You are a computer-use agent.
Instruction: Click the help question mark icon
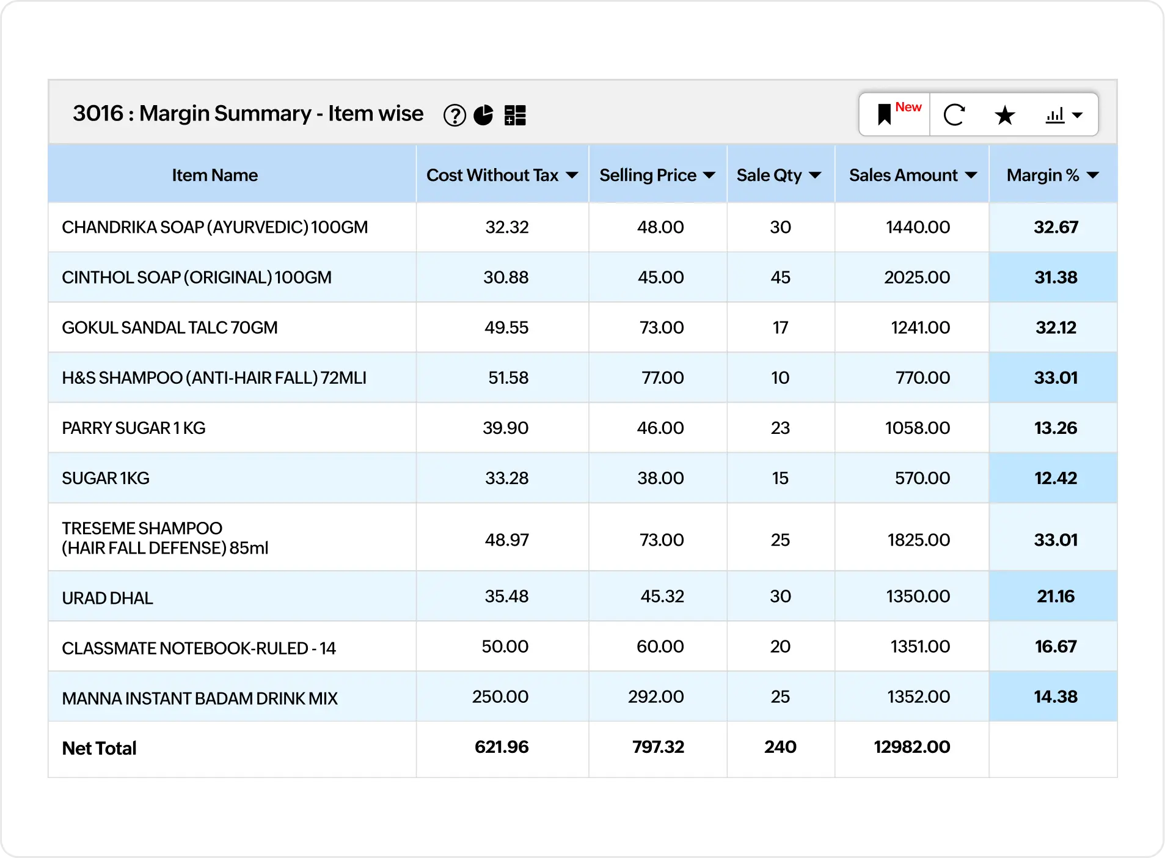pyautogui.click(x=455, y=115)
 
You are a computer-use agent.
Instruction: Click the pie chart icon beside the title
pyautogui.click(x=483, y=115)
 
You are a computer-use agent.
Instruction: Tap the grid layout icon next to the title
pyautogui.click(x=515, y=115)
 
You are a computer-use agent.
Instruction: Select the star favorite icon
pyautogui.click(x=1004, y=115)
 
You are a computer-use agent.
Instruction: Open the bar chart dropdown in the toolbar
pyautogui.click(x=1064, y=115)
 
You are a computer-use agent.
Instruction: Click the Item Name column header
pyautogui.click(x=214, y=175)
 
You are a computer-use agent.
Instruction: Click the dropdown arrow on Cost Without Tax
pyautogui.click(x=572, y=176)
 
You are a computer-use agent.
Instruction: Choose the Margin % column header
pyautogui.click(x=1043, y=175)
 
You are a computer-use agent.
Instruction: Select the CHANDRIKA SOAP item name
pyautogui.click(x=214, y=227)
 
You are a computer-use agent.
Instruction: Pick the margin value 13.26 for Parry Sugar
pyautogui.click(x=1055, y=428)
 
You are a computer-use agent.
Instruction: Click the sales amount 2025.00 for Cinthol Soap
pyautogui.click(x=916, y=277)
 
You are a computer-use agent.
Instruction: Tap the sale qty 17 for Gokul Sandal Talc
pyautogui.click(x=780, y=328)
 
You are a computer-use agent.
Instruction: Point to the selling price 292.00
pyautogui.click(x=656, y=697)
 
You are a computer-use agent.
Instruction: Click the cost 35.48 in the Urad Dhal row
pyautogui.click(x=506, y=596)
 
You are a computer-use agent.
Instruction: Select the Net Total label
pyautogui.click(x=99, y=749)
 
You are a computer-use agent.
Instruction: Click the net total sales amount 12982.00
pyautogui.click(x=911, y=747)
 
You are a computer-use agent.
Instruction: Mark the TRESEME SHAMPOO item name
pyautogui.click(x=165, y=538)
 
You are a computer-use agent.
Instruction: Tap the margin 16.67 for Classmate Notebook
pyautogui.click(x=1055, y=647)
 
